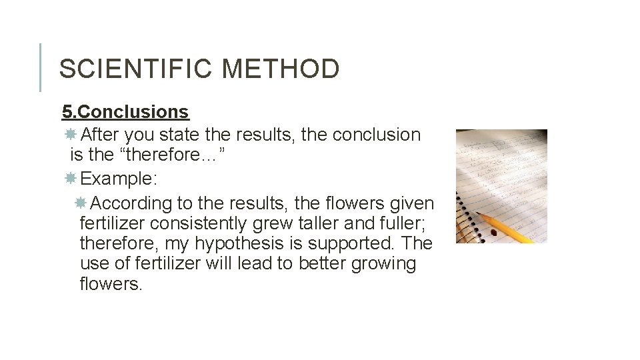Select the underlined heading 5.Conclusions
coord(125,112)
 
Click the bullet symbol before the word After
coord(71,135)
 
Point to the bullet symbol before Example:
coord(71,179)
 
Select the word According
coord(131,203)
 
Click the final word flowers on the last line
coord(111,284)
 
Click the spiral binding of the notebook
coord(462,200)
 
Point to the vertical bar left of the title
coord(40,67)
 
